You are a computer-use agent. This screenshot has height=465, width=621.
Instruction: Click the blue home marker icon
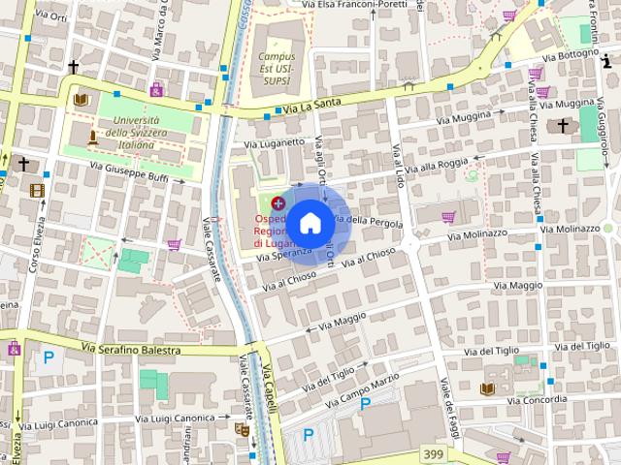tap(310, 223)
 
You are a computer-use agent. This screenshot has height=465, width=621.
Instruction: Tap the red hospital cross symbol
tap(278, 203)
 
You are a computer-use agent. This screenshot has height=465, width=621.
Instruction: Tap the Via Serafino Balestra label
tap(131, 349)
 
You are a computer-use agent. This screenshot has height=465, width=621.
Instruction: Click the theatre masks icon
tap(242, 428)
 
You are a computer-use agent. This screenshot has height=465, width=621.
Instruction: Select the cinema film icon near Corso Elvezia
tap(37, 191)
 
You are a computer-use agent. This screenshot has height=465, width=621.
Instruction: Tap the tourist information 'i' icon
tap(605, 60)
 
